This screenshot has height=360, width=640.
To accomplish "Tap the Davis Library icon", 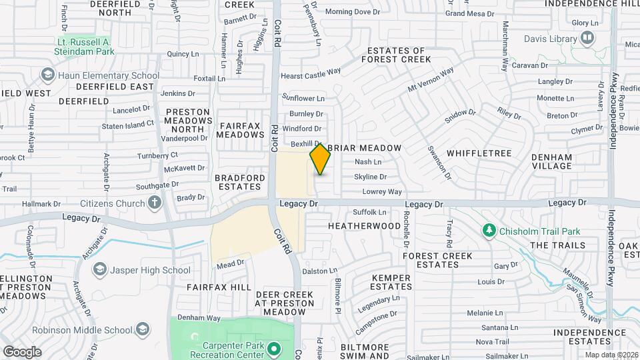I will pyautogui.click(x=587, y=39).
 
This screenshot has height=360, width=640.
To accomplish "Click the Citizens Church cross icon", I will pyautogui.click(x=155, y=203).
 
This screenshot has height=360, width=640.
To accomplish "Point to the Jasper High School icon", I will pyautogui.click(x=100, y=270).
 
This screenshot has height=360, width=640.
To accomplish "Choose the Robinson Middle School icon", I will pyautogui.click(x=142, y=329).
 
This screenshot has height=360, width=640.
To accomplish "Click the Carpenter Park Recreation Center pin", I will pyautogui.click(x=273, y=348).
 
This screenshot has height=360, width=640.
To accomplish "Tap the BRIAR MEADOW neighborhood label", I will pyautogui.click(x=365, y=147).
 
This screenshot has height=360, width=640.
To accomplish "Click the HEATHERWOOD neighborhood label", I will pyautogui.click(x=364, y=226).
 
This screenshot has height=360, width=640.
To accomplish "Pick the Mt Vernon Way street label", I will pyautogui.click(x=431, y=79).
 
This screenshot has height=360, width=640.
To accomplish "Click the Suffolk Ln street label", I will pyautogui.click(x=369, y=213).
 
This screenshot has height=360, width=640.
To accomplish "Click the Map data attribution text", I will pyautogui.click(x=610, y=355).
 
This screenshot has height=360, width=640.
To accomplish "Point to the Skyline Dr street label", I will pyautogui.click(x=370, y=177).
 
